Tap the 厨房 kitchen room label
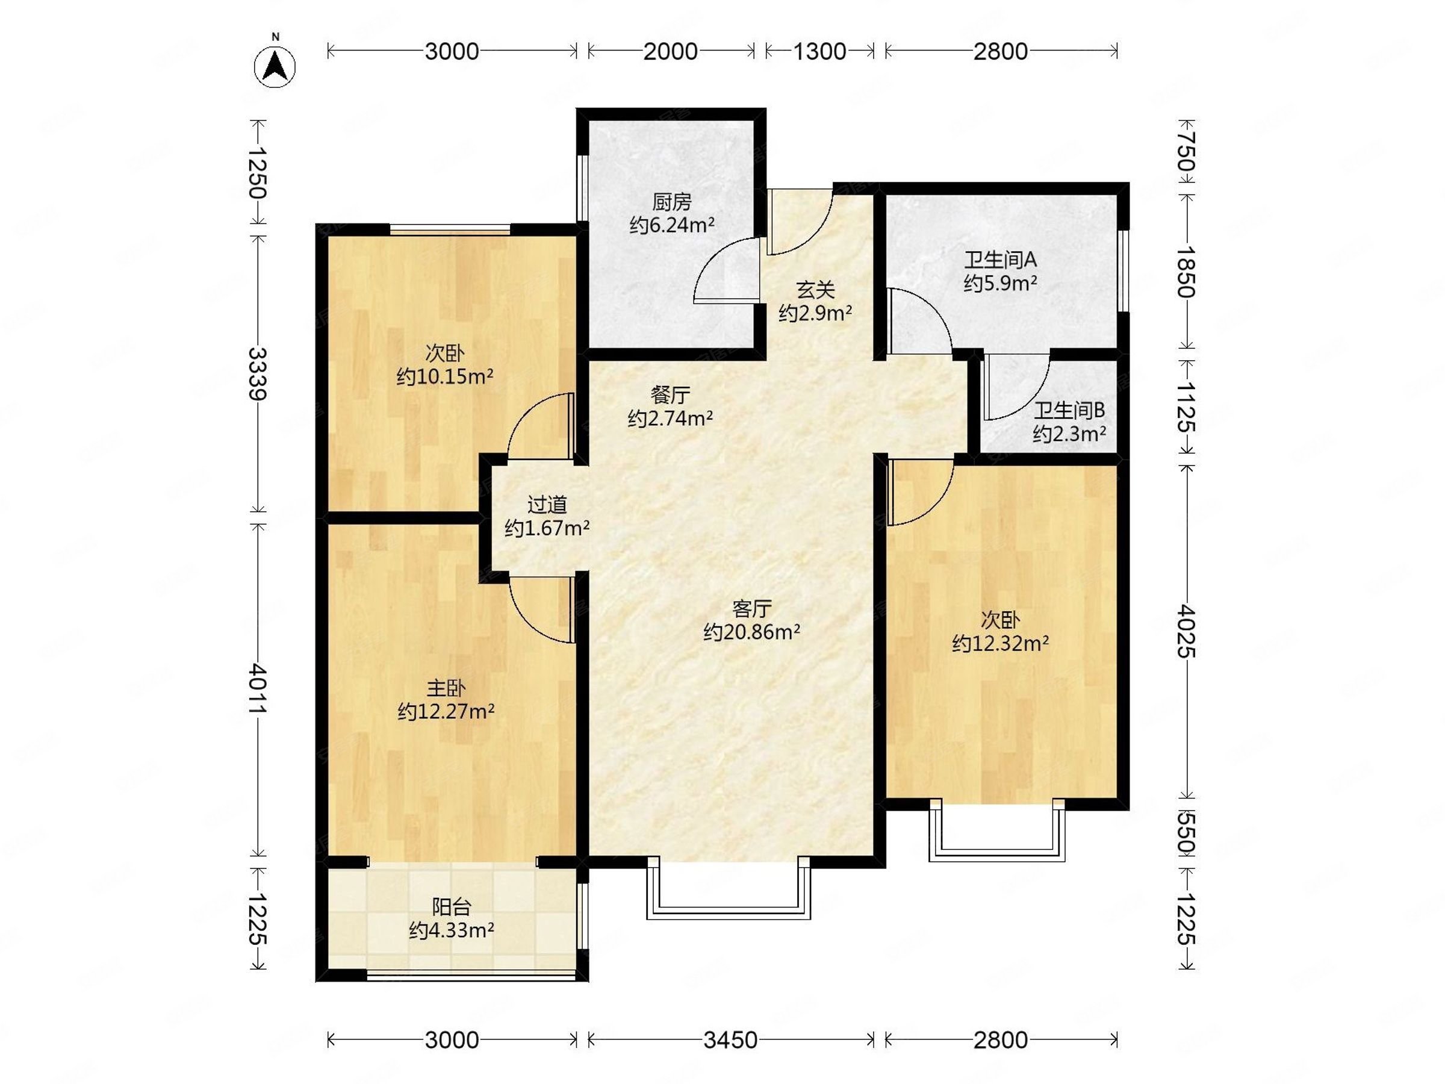[x=671, y=202]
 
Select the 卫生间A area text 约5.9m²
[x=1001, y=284]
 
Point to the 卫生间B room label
[x=1069, y=410]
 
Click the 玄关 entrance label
[x=815, y=290]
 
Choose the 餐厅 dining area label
[x=670, y=395]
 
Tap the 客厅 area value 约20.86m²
[x=752, y=632]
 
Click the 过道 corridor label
[x=547, y=505]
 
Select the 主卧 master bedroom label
[x=446, y=688]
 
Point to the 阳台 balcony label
[x=452, y=907]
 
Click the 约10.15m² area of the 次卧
[x=445, y=377]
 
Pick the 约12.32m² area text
[x=1001, y=644]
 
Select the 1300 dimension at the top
[x=820, y=51]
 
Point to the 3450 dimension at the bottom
[x=730, y=1039]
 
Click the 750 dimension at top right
[x=1187, y=152]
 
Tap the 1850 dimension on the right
[x=1187, y=272]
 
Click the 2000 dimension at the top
[x=671, y=51]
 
